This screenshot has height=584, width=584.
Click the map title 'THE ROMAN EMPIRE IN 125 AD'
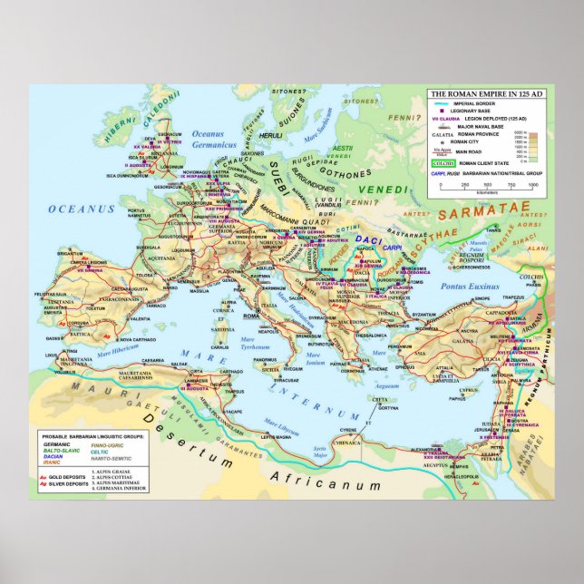point(487,94)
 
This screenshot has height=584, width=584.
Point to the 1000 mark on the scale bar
point(533,184)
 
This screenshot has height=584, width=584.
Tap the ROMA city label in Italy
point(251,315)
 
